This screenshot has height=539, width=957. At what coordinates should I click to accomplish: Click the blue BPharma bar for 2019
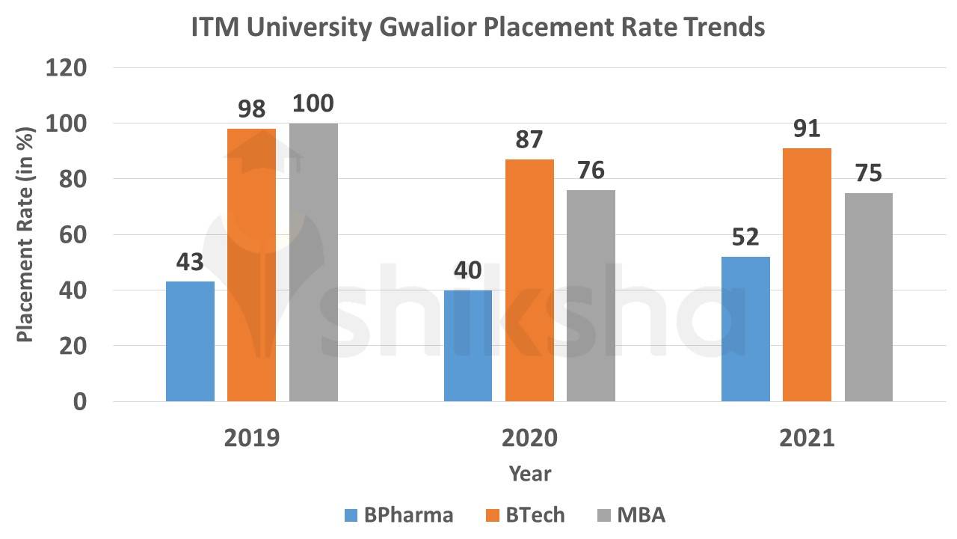point(190,341)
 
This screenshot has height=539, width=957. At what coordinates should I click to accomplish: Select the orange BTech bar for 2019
point(251,265)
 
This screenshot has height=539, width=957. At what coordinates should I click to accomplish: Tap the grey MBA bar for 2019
point(313,262)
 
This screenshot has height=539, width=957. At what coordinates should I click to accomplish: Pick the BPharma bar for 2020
point(468,346)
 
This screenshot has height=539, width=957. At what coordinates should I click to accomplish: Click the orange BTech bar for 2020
point(529,280)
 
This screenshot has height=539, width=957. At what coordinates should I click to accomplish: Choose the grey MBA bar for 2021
point(869,297)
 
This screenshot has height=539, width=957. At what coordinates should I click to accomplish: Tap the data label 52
point(745,237)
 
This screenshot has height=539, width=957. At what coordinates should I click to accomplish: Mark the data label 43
point(190,263)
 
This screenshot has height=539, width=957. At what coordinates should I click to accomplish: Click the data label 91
point(807,130)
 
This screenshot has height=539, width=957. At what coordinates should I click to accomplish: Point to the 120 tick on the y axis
point(67,68)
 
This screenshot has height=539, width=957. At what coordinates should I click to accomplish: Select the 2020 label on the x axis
point(529,438)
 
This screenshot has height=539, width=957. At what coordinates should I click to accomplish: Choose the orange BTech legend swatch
point(493,515)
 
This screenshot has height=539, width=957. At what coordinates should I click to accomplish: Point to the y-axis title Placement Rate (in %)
point(25,235)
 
